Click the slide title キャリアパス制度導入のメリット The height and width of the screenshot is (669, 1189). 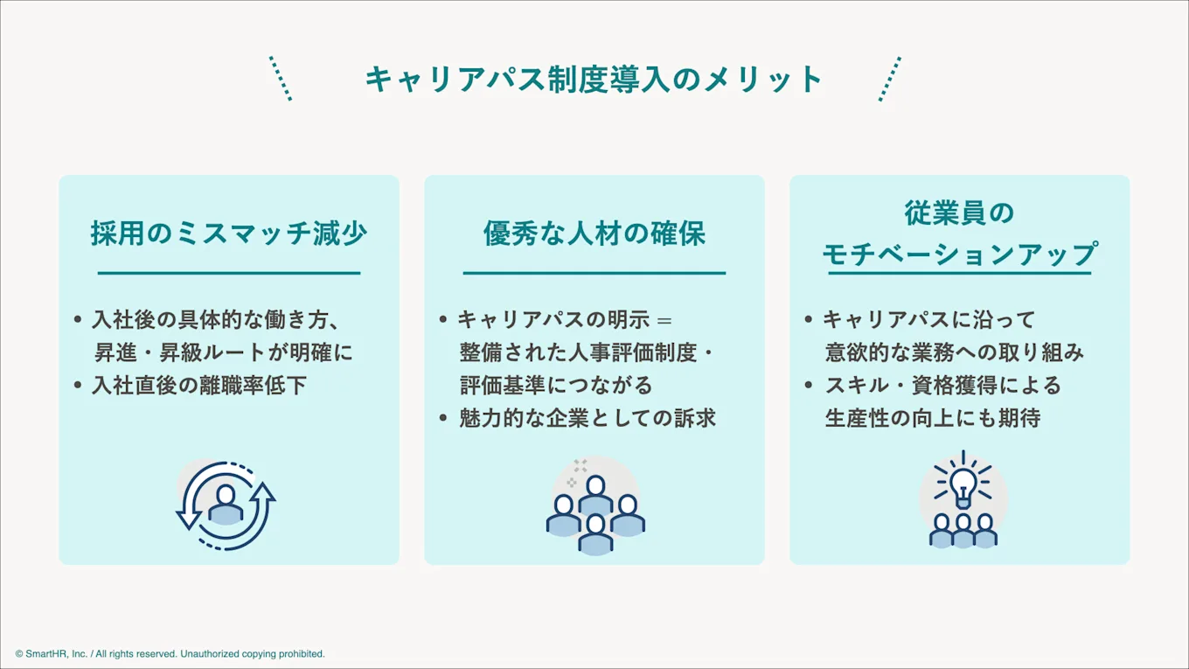[594, 80]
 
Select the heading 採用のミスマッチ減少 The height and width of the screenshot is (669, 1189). [229, 233]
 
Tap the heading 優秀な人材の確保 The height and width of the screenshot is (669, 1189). [594, 233]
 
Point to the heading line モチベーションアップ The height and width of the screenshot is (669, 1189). [959, 254]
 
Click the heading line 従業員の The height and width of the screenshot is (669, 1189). [959, 213]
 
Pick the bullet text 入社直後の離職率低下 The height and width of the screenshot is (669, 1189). [199, 385]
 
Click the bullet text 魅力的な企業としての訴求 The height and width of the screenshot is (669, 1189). [588, 418]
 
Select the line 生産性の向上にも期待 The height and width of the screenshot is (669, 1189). [932, 418]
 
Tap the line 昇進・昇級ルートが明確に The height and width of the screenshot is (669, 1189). [224, 352]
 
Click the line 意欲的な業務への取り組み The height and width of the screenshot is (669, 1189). [955, 352]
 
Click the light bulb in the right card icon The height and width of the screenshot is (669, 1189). [963, 484]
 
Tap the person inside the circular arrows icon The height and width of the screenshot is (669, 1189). [226, 505]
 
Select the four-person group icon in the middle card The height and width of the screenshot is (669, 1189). [595, 514]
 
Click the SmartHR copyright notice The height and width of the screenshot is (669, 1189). [170, 654]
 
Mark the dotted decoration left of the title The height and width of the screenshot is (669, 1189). [280, 79]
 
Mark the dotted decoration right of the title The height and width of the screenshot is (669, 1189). [889, 79]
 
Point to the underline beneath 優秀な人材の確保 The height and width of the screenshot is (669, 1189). [594, 273]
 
